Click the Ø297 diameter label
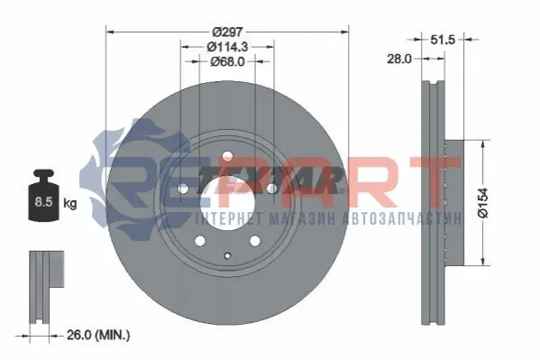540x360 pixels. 228,32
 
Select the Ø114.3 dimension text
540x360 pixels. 228,47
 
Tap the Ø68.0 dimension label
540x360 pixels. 228,61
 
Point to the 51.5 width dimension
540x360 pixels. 443,40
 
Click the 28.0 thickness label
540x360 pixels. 399,59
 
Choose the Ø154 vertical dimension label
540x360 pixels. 483,203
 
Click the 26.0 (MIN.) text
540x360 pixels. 98,335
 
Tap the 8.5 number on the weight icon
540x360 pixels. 43,202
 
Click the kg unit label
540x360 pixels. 70,203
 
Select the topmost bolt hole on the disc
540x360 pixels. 227,156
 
